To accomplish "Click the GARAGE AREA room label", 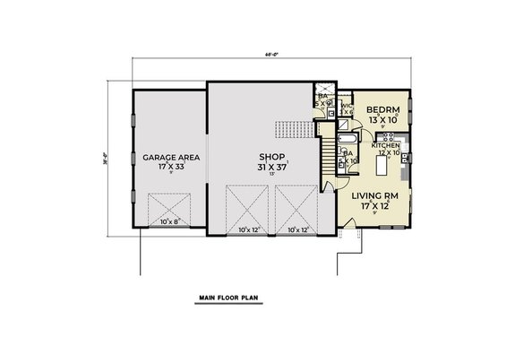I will [171, 157].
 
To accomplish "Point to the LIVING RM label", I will [374, 194].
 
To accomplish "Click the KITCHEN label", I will [388, 145].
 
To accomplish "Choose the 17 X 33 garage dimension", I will [171, 168].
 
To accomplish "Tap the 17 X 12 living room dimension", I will [374, 206].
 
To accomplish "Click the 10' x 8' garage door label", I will [169, 220].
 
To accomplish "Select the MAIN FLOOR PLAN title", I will [223, 294].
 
